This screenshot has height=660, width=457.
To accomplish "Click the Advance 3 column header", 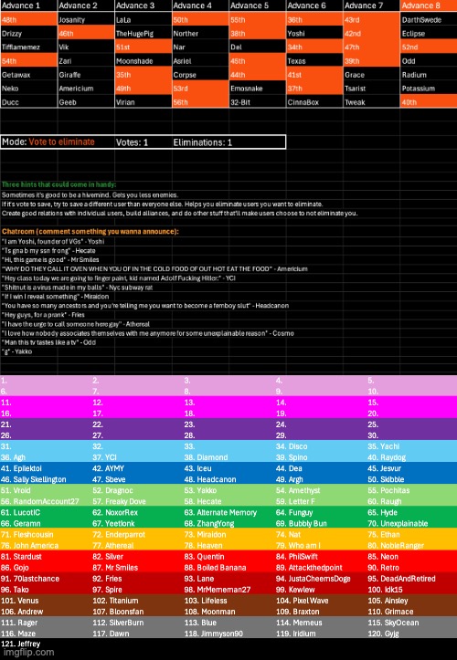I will click(136, 5).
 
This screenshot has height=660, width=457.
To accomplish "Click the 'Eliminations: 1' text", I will click(200, 142).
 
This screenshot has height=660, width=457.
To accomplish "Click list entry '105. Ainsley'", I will click(388, 601).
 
